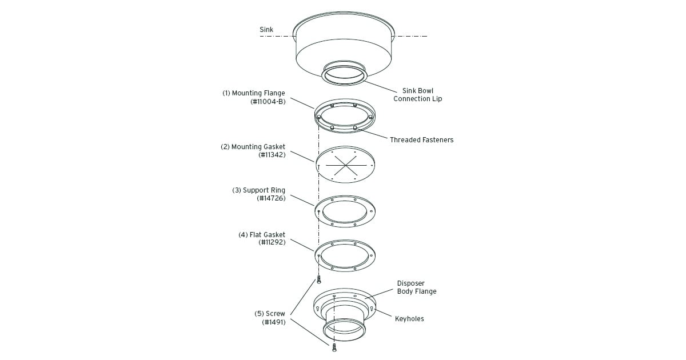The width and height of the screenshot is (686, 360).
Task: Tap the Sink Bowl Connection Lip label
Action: [x=417, y=95]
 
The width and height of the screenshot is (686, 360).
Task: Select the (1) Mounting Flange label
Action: [x=254, y=93]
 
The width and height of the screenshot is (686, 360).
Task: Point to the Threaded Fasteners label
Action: [x=421, y=139]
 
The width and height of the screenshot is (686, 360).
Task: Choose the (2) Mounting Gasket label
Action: [x=253, y=147]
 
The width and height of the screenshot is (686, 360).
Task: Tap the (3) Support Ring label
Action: [x=258, y=190]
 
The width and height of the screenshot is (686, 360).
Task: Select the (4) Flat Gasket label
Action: [x=261, y=235]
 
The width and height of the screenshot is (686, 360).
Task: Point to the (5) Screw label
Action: [x=269, y=314]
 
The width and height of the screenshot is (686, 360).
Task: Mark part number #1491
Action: [x=273, y=322]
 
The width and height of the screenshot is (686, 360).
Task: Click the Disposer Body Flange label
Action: [x=417, y=287]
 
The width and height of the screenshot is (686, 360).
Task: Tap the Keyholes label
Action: [x=409, y=319]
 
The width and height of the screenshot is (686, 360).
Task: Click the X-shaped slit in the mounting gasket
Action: [x=344, y=166]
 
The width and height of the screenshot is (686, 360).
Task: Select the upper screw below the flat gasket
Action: [x=319, y=279]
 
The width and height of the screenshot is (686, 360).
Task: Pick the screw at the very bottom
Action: [x=334, y=347]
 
